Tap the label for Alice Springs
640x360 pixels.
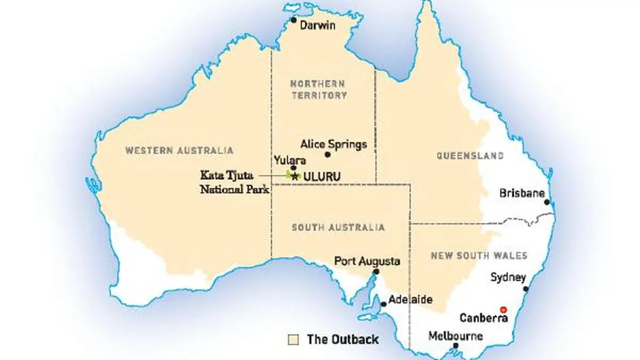[333, 144]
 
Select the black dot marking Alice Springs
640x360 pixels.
[327, 155]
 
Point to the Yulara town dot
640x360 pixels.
[293, 168]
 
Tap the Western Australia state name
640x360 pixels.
[179, 150]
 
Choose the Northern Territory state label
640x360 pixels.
[318, 90]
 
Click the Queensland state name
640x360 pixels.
[470, 156]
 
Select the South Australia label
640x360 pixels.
[338, 227]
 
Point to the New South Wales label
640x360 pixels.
[479, 255]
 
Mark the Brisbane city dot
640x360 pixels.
[547, 202]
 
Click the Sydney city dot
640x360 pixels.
[526, 289]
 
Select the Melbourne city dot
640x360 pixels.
[455, 346]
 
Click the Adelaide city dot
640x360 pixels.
[383, 305]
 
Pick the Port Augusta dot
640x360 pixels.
[376, 271]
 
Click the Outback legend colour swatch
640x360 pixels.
[292, 339]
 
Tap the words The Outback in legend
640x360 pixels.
[342, 339]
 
